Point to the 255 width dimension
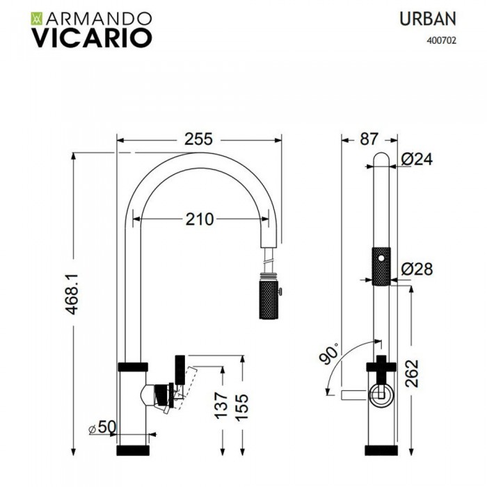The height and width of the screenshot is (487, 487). tap(198, 139)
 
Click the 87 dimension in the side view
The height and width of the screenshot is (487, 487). tap(369, 139)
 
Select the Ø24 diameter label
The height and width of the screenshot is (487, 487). tap(418, 159)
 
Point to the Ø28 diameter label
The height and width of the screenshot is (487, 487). tap(418, 267)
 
